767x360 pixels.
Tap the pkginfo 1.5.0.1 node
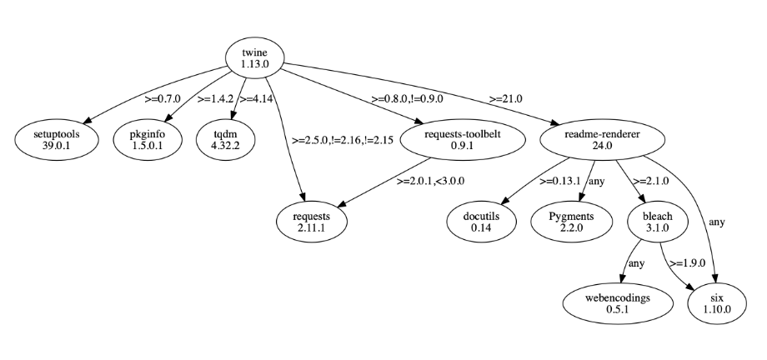[150, 140]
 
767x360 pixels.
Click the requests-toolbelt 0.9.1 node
[463, 140]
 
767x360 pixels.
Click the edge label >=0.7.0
[163, 98]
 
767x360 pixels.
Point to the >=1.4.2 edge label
[215, 98]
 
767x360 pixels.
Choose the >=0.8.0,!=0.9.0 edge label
[409, 98]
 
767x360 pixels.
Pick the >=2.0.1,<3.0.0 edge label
[430, 180]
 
